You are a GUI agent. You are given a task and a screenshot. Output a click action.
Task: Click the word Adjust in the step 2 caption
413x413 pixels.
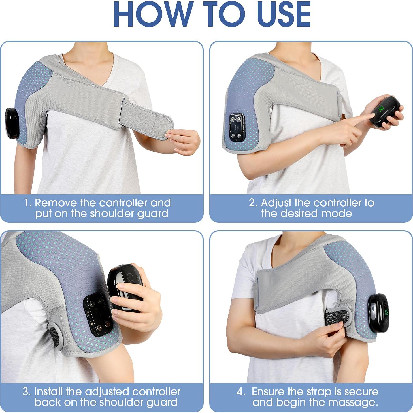tap(276, 203)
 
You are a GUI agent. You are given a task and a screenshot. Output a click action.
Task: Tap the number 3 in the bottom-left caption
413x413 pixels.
tap(26, 392)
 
